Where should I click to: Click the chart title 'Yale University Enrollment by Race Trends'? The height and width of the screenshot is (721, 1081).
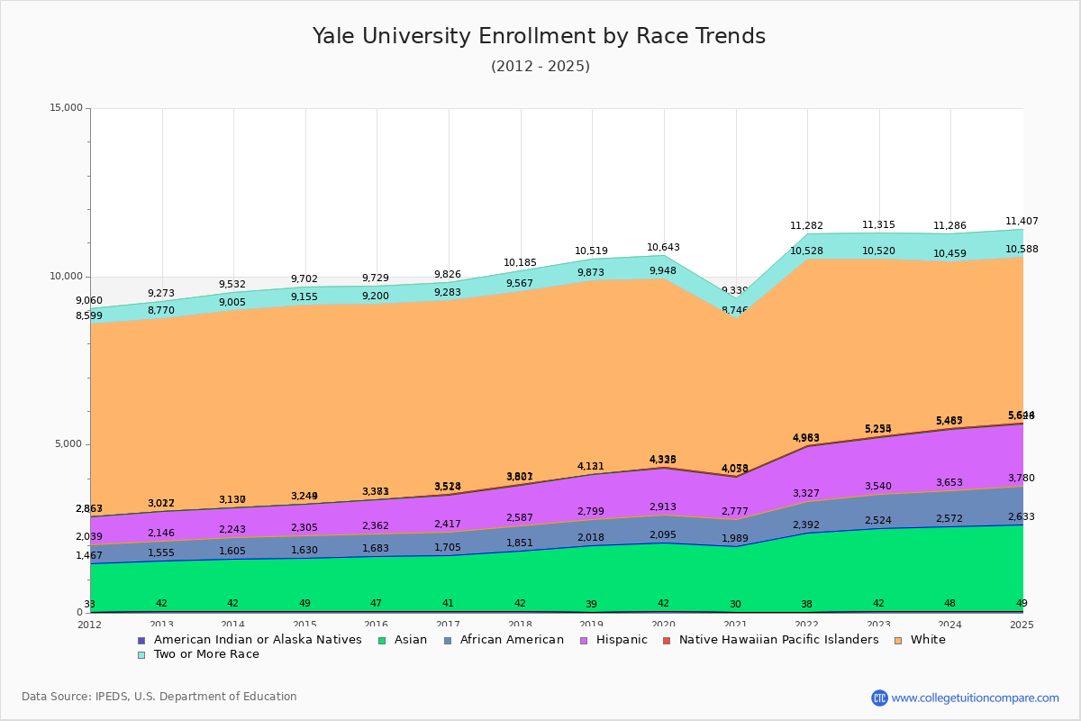tap(539, 36)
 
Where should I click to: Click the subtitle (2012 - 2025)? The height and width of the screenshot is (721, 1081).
tap(540, 67)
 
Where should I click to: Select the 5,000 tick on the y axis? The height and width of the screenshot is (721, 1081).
tap(68, 444)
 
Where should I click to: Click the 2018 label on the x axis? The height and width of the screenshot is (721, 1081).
tap(520, 625)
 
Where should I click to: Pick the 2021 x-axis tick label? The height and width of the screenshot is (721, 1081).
tap(735, 625)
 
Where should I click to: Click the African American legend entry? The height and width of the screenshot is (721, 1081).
tap(504, 640)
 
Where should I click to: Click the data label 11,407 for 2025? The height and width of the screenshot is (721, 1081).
tap(1022, 221)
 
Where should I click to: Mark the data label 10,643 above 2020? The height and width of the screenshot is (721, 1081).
tap(663, 247)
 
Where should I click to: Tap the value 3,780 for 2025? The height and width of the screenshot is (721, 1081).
tap(1022, 478)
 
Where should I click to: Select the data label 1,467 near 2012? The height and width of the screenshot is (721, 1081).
tap(89, 556)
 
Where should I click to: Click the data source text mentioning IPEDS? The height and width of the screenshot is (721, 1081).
tap(159, 697)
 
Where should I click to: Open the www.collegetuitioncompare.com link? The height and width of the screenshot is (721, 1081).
tap(975, 698)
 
